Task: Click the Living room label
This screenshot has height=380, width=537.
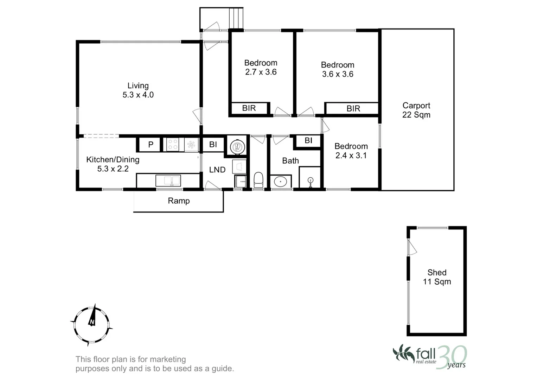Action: click(138, 90)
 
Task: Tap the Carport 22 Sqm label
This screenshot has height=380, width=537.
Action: click(416, 110)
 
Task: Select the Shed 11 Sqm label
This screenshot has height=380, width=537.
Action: click(437, 277)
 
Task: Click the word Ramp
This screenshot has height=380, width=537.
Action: click(179, 201)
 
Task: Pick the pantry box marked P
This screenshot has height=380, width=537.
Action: click(151, 144)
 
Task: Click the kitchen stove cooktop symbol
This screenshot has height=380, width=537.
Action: click(173, 145)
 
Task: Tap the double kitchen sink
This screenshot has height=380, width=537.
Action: click(168, 181)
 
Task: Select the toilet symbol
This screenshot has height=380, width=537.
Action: click(258, 179)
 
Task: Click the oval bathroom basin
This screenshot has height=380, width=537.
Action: click(280, 182)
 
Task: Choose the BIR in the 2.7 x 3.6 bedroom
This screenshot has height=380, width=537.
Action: click(249, 108)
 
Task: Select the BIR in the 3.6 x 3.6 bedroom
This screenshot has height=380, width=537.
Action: click(353, 108)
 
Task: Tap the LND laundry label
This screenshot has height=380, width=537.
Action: click(217, 170)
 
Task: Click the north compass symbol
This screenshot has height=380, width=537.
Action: click(91, 322)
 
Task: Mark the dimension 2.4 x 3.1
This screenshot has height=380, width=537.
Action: click(351, 156)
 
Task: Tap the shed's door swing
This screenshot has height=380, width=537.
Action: click(412, 247)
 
